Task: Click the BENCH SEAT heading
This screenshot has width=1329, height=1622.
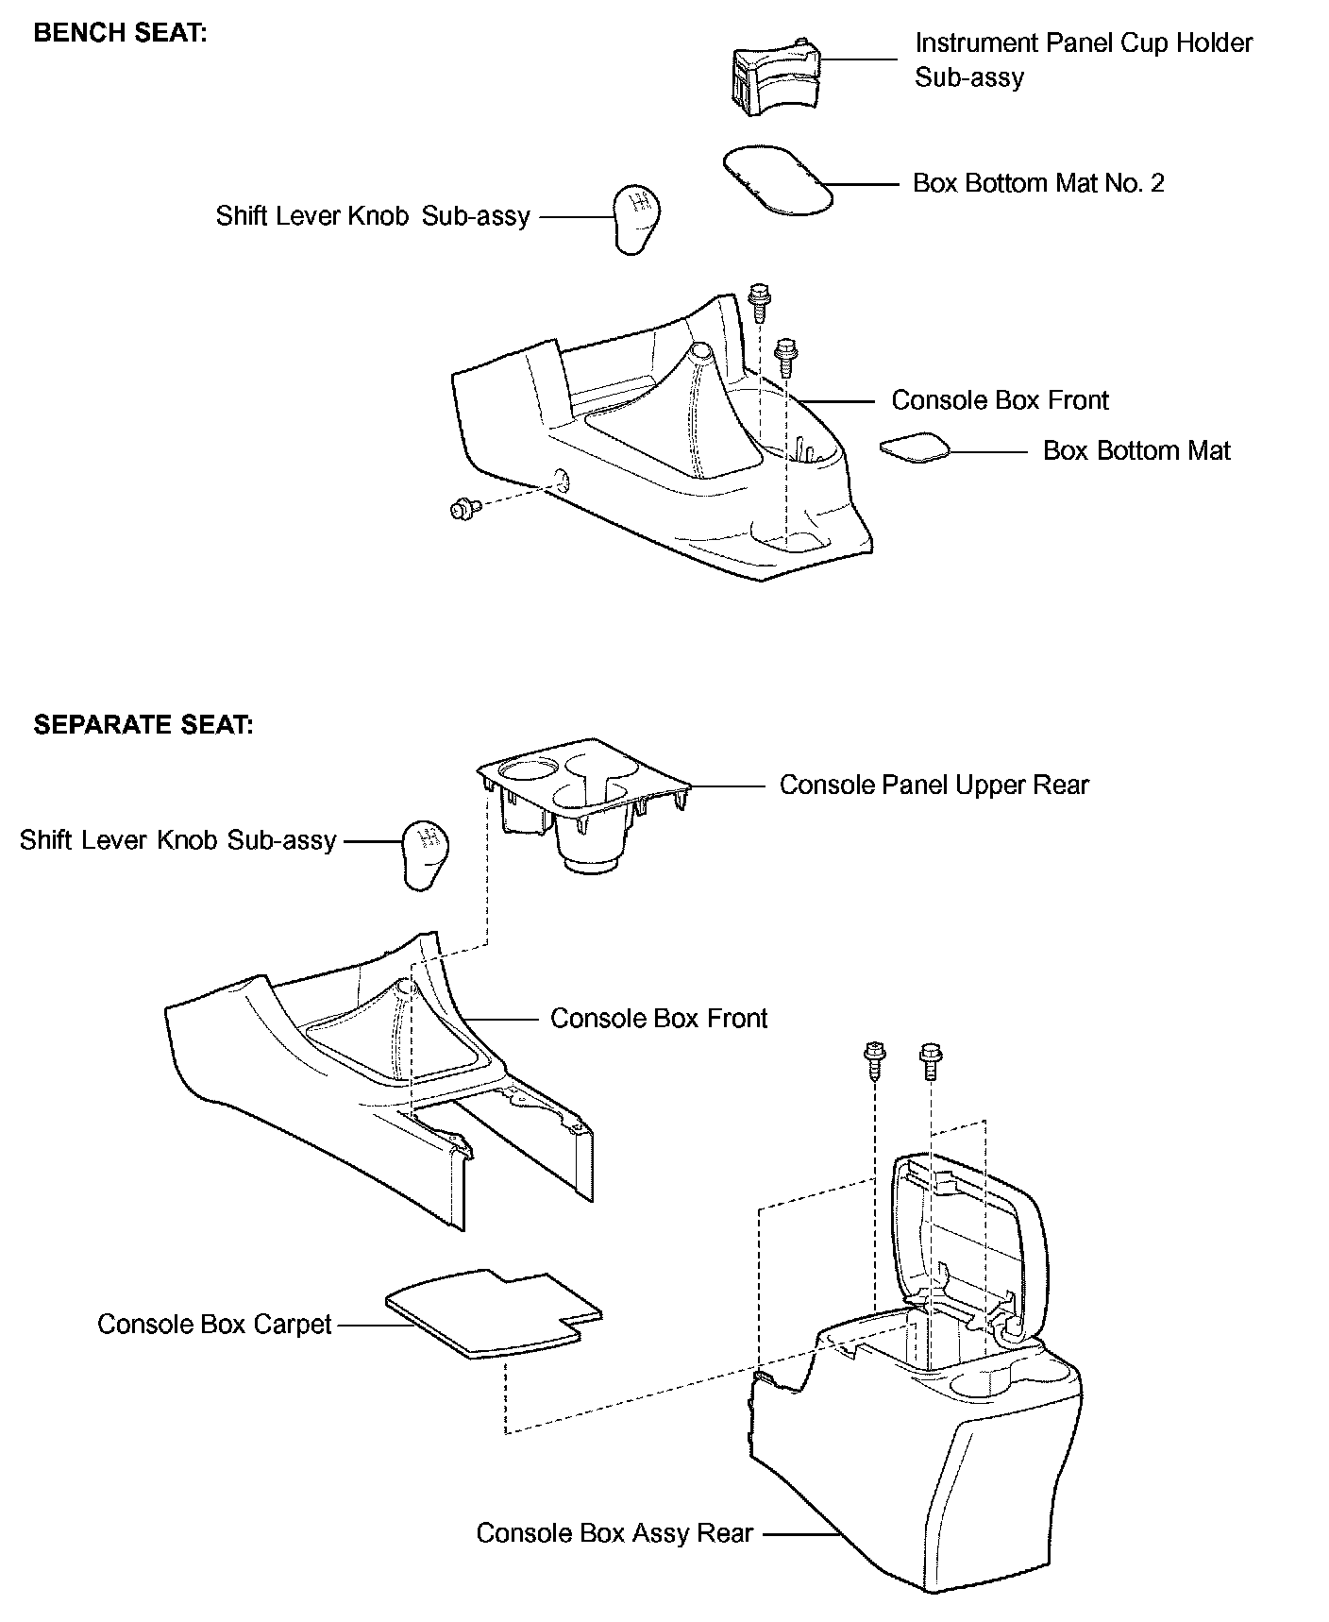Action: click(120, 33)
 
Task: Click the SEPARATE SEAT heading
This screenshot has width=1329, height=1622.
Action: click(143, 725)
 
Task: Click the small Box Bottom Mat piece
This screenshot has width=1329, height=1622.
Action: click(914, 448)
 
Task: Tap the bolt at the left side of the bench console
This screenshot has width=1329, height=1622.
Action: click(463, 509)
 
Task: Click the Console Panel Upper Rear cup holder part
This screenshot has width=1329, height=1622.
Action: click(580, 803)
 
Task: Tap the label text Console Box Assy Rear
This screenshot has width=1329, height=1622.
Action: click(614, 1532)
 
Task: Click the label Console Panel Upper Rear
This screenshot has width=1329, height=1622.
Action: click(934, 786)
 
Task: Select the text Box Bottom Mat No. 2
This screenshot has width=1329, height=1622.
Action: click(1038, 183)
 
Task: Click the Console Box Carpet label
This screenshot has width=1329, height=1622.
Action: click(214, 1325)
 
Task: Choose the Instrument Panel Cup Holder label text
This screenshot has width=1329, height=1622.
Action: click(1083, 59)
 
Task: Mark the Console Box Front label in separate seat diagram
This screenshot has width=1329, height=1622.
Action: click(659, 1019)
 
